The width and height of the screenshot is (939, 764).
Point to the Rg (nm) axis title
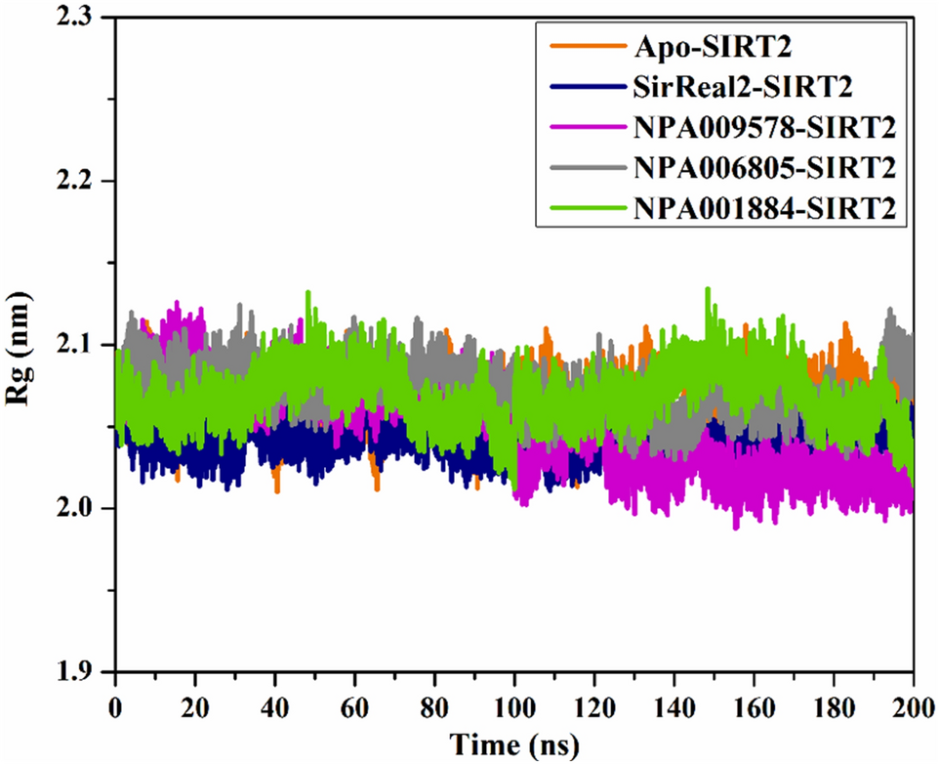pyautogui.click(x=29, y=347)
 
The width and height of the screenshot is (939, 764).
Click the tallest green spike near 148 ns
pyautogui.click(x=707, y=290)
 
